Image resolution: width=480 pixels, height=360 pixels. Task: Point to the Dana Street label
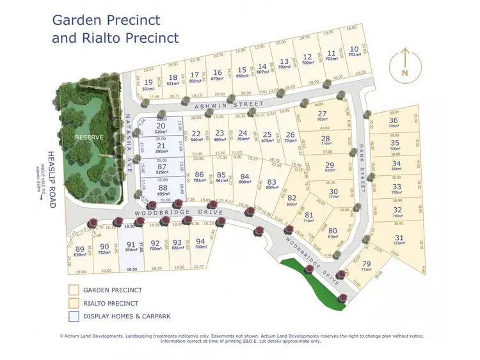click(362, 168)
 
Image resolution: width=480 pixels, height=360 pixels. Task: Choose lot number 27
click(322, 114)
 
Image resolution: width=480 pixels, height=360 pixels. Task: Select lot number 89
click(80, 249)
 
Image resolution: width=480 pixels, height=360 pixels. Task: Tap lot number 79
click(366, 264)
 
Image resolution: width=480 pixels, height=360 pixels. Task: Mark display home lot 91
click(131, 244)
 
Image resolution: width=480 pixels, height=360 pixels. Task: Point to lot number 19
click(148, 82)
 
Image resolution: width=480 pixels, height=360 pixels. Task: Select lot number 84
click(244, 176)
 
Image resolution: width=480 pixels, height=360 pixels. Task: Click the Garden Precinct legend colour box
click(74, 290)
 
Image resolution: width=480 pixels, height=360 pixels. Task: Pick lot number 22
click(196, 134)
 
